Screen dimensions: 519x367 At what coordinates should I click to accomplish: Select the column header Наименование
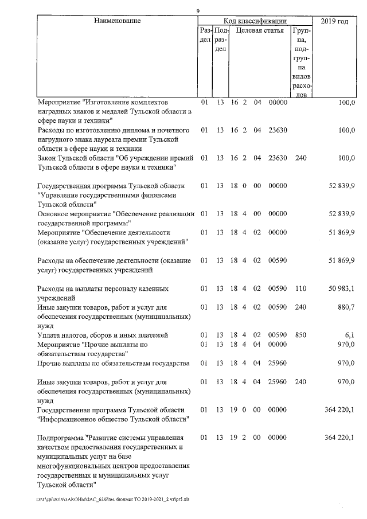(x=117, y=21)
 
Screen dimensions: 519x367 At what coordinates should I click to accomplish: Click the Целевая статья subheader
(x=260, y=30)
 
